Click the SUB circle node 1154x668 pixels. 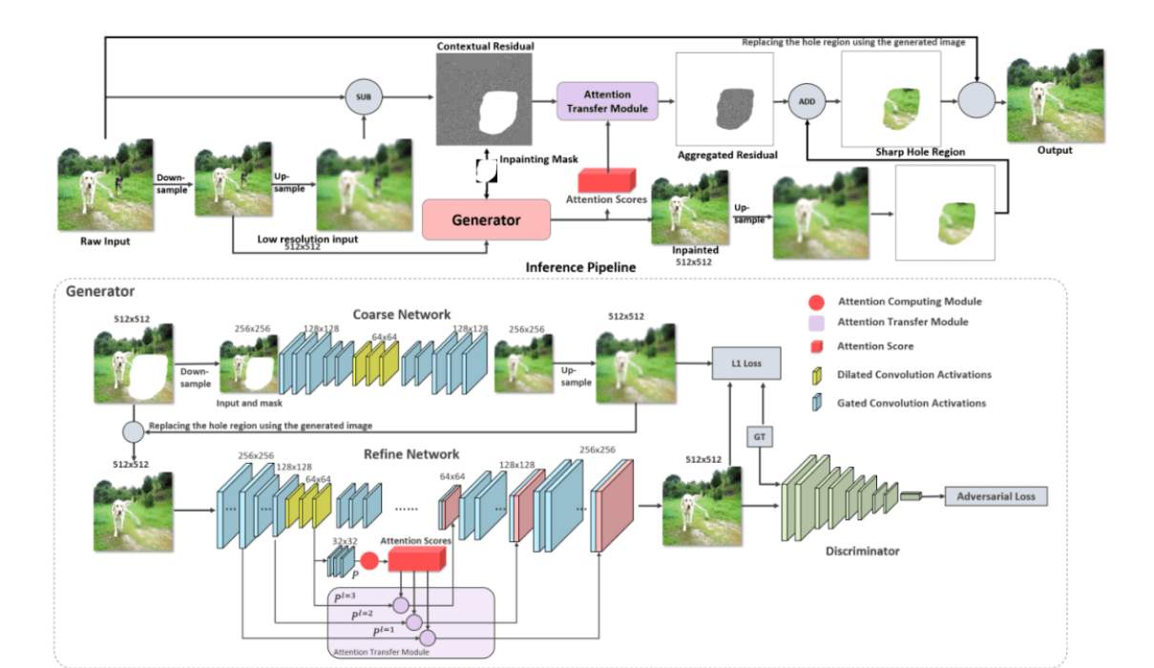click(x=363, y=97)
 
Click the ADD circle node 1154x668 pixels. click(x=807, y=99)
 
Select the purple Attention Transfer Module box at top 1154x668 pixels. click(x=607, y=100)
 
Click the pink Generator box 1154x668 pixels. click(x=486, y=219)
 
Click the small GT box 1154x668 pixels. click(x=760, y=437)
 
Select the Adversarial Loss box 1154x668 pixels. click(x=996, y=496)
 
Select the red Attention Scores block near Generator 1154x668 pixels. click(x=608, y=179)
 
